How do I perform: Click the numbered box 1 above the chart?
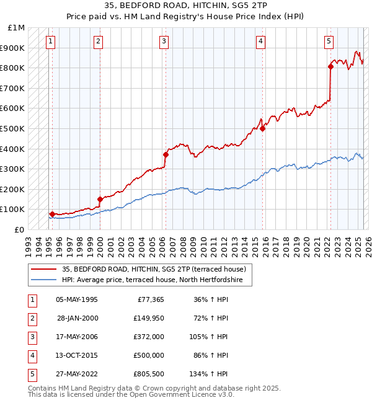click(x=50, y=42)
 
